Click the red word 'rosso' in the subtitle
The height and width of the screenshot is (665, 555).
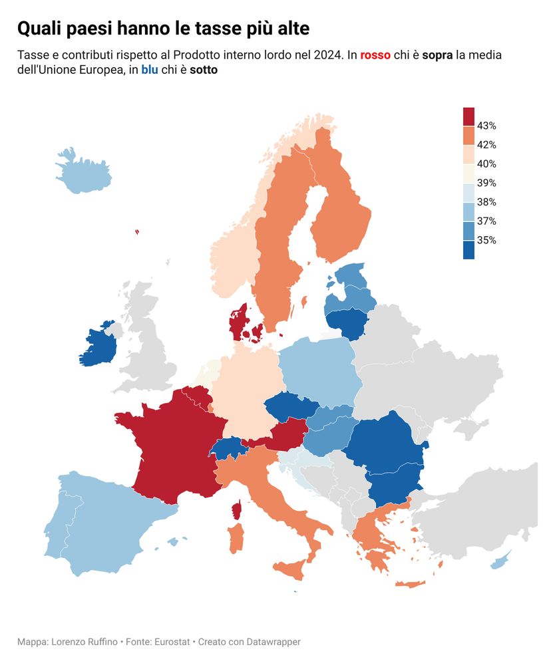coord(375,55)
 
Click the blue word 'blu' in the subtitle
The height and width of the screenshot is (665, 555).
coord(149,69)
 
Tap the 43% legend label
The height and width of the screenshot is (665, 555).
coord(486,126)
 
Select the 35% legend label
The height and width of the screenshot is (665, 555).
coord(486,241)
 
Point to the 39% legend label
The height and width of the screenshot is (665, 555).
coord(486,183)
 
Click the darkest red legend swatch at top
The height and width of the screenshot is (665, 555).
coord(468,116)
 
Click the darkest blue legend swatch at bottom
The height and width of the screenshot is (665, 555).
coord(468,249)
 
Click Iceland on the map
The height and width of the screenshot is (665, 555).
coord(83,174)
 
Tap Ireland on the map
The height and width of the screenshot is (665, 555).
coord(98,346)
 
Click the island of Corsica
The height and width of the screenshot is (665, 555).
coord(236,511)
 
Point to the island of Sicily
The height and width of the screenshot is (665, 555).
coord(290,569)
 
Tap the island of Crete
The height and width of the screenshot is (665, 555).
coord(410,585)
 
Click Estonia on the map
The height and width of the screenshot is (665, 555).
coord(351,275)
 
